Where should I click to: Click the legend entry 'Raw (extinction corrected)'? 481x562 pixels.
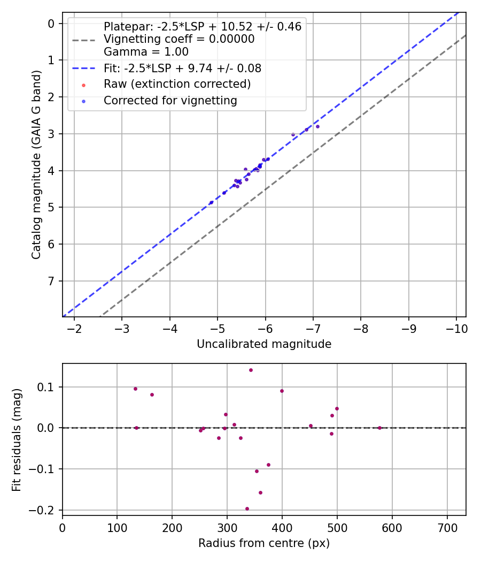click(177, 84)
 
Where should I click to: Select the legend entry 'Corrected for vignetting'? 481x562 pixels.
click(170, 100)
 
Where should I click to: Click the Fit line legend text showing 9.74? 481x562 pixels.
click(182, 69)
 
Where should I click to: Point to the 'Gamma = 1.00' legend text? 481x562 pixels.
click(146, 52)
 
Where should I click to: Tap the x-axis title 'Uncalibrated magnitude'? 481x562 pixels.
click(264, 344)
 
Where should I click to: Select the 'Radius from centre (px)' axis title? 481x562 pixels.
click(264, 543)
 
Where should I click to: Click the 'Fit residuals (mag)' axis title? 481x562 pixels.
click(17, 439)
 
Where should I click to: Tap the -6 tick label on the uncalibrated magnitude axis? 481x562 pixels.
click(265, 328)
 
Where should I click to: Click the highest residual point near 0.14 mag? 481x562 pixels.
click(251, 370)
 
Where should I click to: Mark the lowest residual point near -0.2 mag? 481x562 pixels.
click(247, 508)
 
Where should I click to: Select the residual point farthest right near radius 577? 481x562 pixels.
click(379, 428)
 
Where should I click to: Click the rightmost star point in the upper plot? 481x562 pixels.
click(317, 126)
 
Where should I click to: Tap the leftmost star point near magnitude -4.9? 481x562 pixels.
click(211, 202)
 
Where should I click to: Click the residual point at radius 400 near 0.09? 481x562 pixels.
click(282, 391)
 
